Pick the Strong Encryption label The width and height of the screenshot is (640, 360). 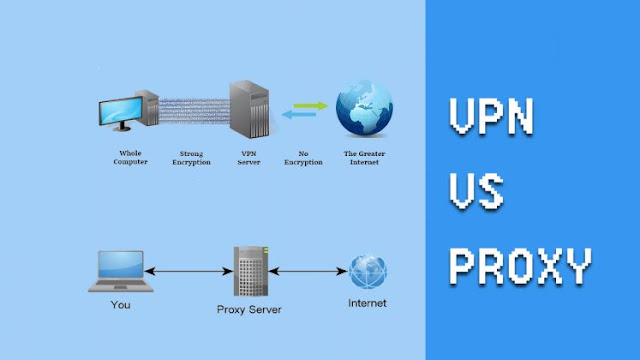(x=190, y=158)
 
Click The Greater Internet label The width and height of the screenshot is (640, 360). (x=363, y=158)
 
